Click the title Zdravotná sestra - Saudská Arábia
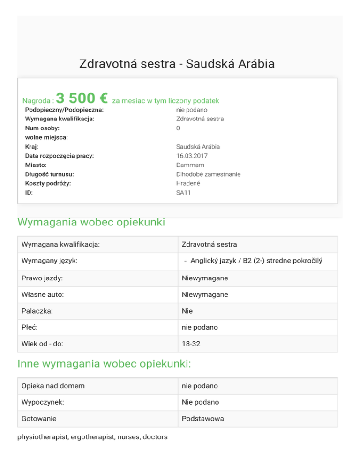pyautogui.click(x=177, y=64)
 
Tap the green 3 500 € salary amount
pyautogui.click(x=82, y=98)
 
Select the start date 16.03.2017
pyautogui.click(x=192, y=156)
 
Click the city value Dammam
pyautogui.click(x=189, y=165)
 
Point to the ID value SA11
pyautogui.click(x=184, y=192)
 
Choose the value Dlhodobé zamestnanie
pyautogui.click(x=208, y=174)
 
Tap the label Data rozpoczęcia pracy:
pyautogui.click(x=60, y=156)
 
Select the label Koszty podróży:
pyautogui.click(x=48, y=183)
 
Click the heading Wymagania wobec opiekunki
pyautogui.click(x=91, y=222)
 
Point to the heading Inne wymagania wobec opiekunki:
pyautogui.click(x=104, y=364)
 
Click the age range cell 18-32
pyautogui.click(x=191, y=344)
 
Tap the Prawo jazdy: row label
pyautogui.click(x=42, y=278)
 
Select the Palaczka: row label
pyautogui.click(x=37, y=311)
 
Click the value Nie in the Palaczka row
pyautogui.click(x=187, y=311)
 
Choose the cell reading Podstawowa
pyautogui.click(x=203, y=419)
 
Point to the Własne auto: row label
pyautogui.click(x=43, y=294)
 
